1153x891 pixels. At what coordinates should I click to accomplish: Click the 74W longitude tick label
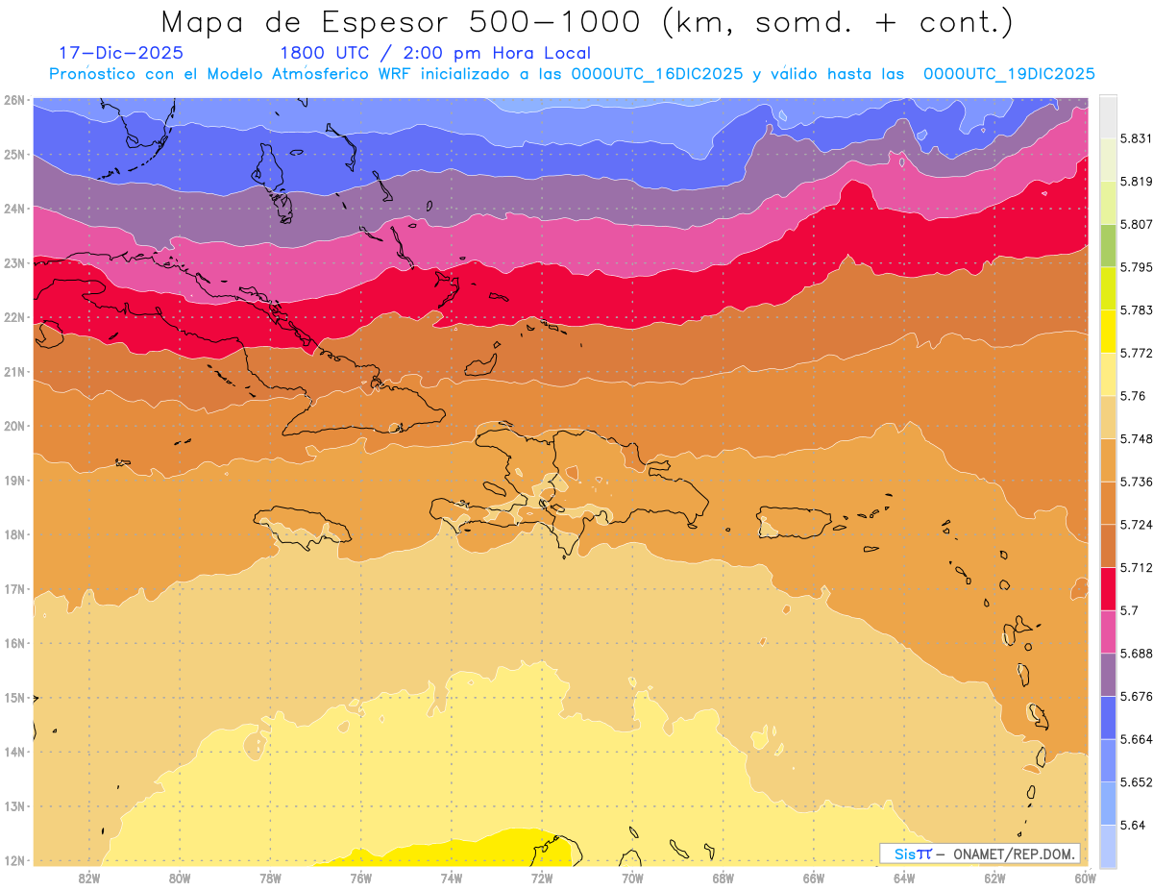452,878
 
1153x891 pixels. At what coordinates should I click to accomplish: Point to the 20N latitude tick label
14,426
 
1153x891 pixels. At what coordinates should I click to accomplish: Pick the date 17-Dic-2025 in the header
121,53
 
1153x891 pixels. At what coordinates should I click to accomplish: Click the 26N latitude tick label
14,100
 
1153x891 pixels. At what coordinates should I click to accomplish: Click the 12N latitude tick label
14,860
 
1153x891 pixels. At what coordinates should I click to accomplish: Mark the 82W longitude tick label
89,878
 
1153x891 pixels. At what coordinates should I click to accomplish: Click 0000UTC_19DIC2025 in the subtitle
1009,74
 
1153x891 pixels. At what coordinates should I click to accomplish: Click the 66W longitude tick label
814,878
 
